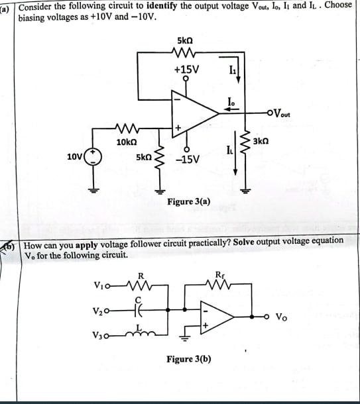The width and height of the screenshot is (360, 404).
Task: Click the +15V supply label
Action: (186, 69)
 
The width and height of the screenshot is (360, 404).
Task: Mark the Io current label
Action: (230, 101)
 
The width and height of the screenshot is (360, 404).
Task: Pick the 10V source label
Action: (75, 157)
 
